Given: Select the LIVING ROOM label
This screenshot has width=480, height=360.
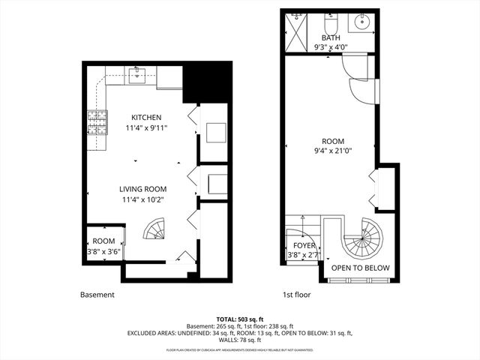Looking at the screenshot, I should [143, 189].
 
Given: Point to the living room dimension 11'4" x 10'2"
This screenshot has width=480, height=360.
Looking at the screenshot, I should [143, 199].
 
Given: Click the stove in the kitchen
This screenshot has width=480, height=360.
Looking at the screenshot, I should [97, 121].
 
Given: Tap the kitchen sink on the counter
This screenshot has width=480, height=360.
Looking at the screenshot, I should [136, 73].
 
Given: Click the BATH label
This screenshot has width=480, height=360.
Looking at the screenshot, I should [331, 37].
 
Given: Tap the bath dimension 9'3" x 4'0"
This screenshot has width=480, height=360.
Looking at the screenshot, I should [331, 47].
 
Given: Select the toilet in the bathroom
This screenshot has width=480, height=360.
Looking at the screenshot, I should [331, 20].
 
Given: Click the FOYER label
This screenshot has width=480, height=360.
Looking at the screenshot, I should [304, 244].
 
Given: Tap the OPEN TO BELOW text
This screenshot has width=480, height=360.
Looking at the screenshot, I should [360, 268].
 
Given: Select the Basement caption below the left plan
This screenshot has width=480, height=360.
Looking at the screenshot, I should [97, 295].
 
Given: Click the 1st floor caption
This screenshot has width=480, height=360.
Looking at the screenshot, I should [295, 295].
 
